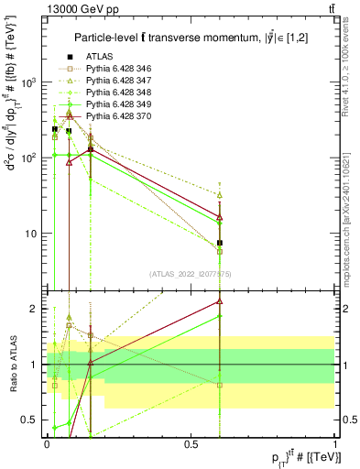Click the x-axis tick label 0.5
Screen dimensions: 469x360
tap(191, 442)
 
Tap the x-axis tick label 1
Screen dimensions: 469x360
tap(335, 442)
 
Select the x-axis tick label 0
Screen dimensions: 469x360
tap(47, 442)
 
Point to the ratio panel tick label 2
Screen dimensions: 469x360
tap(36, 309)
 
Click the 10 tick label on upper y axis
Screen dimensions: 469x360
tap(29, 233)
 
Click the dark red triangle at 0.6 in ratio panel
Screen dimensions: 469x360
tap(220, 300)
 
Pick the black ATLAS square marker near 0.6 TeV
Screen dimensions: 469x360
tap(220, 244)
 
